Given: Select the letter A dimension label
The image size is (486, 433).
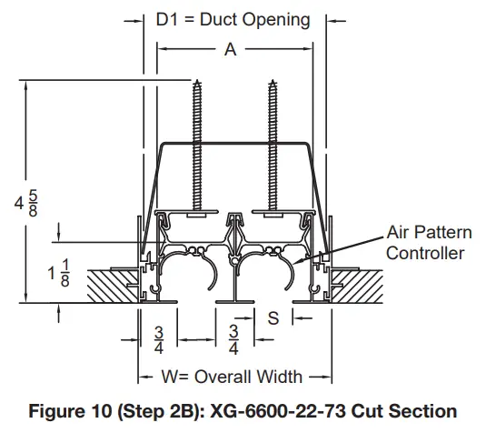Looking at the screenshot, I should coord(231,51).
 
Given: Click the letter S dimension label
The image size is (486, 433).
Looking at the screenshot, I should coord(272,317).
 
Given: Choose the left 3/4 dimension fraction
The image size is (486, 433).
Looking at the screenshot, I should coord(158,338).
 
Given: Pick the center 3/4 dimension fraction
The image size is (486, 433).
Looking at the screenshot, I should coord(233,338).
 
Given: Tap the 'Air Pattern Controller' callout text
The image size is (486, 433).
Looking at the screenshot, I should coord(425,242).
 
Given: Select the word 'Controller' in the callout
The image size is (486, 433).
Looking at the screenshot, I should coord(425,253).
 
